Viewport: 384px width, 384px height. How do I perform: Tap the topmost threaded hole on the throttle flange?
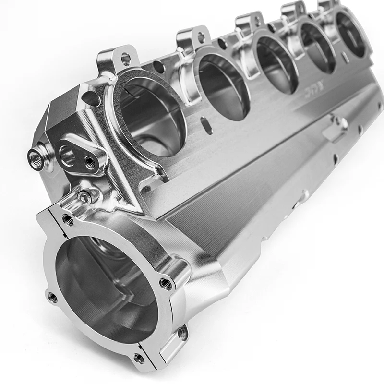point(68,219)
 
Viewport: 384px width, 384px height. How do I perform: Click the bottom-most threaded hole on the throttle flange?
point(139,358)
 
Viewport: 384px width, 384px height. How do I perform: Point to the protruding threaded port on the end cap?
point(35,156)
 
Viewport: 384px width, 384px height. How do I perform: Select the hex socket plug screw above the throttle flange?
point(84,196)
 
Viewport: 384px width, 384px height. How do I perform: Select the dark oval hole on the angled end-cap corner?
point(92,98)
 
